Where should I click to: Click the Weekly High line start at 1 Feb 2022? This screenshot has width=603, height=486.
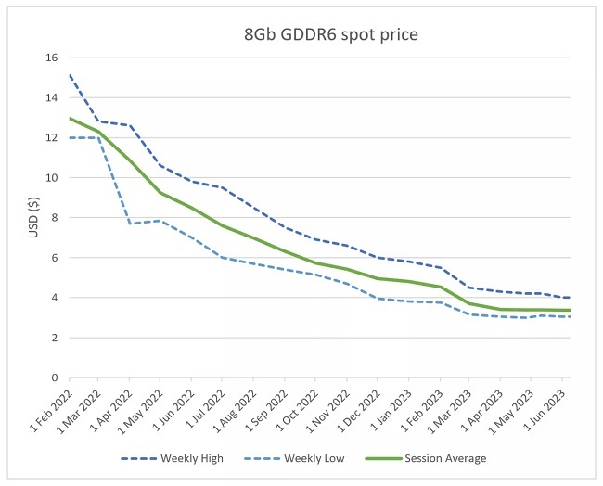69,75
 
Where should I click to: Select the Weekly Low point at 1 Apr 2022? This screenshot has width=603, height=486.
129,224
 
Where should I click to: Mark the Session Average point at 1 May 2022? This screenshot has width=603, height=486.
160,193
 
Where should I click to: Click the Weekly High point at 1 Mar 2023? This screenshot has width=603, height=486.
469,288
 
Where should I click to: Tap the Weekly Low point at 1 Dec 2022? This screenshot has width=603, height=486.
377,299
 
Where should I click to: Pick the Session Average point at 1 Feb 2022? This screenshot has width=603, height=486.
69,118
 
